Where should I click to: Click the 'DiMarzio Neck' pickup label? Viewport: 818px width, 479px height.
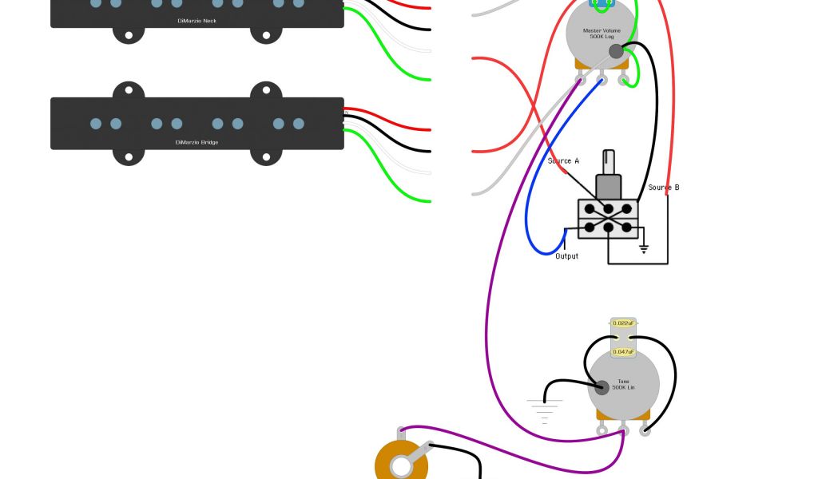pos(197,21)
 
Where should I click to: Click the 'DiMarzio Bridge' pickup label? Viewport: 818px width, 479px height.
pos(197,143)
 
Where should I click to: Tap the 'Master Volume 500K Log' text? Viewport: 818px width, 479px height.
pos(602,34)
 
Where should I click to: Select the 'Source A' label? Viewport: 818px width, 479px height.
pos(563,161)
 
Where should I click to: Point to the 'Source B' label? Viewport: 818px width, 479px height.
pos(663,188)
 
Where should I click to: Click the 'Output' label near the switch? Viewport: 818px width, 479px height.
pos(566,256)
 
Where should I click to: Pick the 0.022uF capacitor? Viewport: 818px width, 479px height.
pos(624,323)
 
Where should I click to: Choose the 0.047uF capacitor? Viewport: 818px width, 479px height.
pos(624,351)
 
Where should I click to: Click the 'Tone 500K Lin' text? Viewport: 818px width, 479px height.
pos(623,385)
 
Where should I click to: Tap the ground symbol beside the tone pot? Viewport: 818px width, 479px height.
pos(544,410)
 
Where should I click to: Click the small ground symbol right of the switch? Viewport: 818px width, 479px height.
pos(643,249)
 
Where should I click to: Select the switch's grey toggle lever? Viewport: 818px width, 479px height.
pos(609,173)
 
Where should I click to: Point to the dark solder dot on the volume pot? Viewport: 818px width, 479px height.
pos(615,52)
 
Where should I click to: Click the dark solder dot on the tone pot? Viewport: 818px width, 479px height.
pos(601,388)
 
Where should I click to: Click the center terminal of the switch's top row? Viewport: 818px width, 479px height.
pos(608,210)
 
